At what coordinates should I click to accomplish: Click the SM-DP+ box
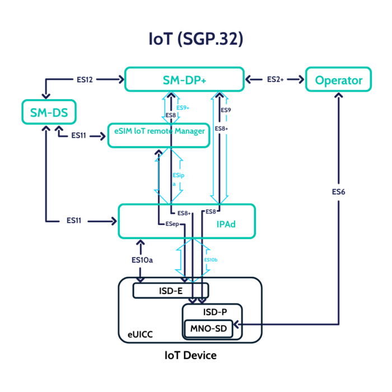pyautogui.click(x=184, y=80)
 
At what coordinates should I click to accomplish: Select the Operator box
pyautogui.click(x=338, y=80)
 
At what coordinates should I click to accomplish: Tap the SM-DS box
pyautogui.click(x=49, y=112)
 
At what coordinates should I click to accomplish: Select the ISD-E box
pyautogui.click(x=170, y=291)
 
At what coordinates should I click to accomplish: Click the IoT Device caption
pyautogui.click(x=190, y=355)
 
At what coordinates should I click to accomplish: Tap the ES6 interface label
pyautogui.click(x=338, y=192)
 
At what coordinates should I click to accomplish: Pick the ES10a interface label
pyautogui.click(x=140, y=260)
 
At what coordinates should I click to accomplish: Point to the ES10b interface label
pyautogui.click(x=211, y=260)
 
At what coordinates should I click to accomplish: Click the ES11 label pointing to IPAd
pyautogui.click(x=73, y=221)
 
